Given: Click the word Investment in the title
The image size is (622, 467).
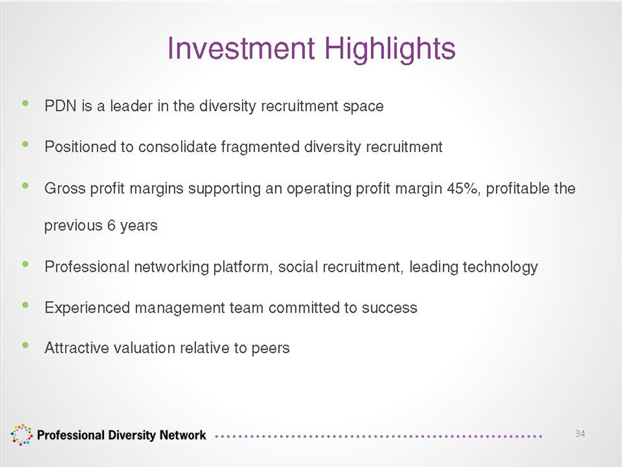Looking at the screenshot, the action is [241, 48].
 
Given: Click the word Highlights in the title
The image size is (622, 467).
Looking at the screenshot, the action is [390, 49].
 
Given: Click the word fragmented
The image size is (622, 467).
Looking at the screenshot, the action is [260, 147].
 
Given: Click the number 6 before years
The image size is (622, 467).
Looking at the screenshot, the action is [112, 226].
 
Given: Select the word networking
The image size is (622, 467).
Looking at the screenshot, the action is [171, 267].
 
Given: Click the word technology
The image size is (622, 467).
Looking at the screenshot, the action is [500, 267].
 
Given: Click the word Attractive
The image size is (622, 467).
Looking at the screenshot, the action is [76, 348].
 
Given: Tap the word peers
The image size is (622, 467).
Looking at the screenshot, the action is [271, 349].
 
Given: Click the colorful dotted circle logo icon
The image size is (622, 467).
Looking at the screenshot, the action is [22, 435].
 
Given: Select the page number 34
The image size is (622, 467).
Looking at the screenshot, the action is [580, 434].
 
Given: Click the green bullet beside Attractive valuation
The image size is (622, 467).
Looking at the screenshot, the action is [25, 345].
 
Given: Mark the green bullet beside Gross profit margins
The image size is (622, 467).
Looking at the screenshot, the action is [25, 185].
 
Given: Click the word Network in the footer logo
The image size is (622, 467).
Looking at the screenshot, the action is [182, 435].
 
